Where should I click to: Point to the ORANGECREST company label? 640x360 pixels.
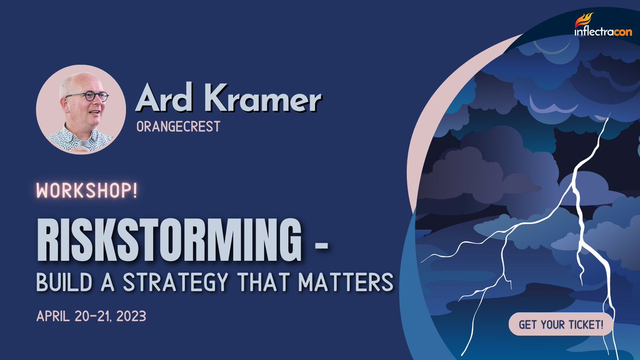(178, 128)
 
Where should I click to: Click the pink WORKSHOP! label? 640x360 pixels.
(87, 191)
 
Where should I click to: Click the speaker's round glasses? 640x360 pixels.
(87, 97)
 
